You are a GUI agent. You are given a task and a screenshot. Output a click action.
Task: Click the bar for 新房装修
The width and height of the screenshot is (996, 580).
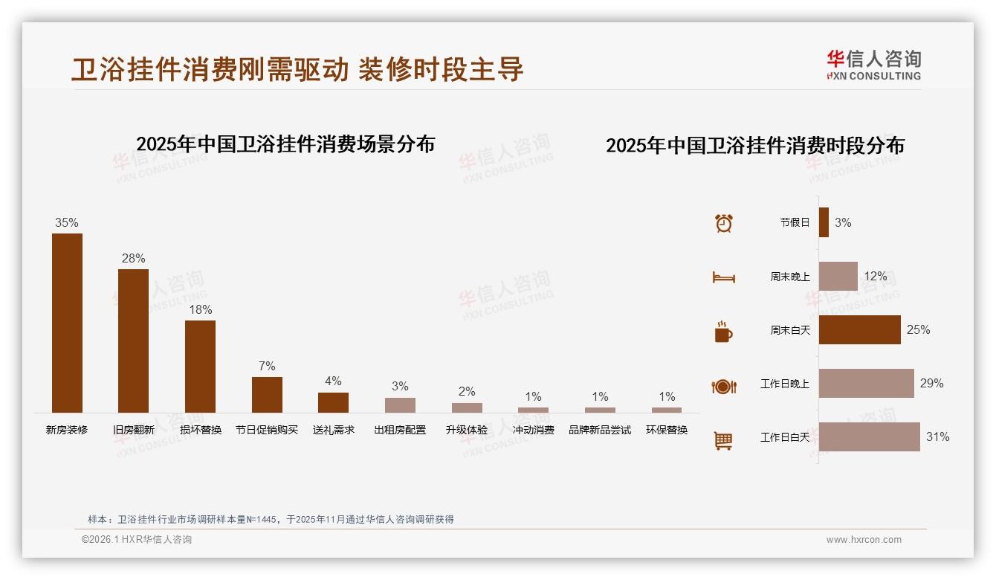click(67, 323)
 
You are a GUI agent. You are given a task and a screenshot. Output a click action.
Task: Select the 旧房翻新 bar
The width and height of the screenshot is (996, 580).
click(133, 341)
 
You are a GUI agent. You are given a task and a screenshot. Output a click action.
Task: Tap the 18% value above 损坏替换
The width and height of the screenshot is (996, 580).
click(200, 309)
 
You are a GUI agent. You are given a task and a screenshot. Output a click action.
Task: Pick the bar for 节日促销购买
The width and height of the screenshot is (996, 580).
click(267, 395)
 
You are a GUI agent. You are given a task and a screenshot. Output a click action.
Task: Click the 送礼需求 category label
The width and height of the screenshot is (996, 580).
click(333, 430)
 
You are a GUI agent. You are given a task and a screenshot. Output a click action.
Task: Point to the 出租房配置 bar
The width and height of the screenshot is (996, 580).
click(400, 405)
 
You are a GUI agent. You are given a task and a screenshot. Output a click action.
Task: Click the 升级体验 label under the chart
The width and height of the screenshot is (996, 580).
click(467, 430)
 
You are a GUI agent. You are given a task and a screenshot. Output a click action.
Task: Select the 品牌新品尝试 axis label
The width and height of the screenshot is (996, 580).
click(600, 430)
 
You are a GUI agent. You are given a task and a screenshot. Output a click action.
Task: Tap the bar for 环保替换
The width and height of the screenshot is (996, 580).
click(667, 410)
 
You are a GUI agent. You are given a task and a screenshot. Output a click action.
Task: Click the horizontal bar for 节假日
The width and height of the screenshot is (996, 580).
click(824, 222)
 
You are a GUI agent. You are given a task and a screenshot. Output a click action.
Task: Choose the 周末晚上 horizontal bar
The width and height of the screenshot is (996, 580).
click(838, 276)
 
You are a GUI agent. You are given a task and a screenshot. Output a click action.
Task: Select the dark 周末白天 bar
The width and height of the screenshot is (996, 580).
click(859, 329)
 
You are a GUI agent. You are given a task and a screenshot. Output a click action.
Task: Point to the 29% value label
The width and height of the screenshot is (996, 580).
click(931, 383)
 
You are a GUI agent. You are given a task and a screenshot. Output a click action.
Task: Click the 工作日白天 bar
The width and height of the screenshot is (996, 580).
click(869, 436)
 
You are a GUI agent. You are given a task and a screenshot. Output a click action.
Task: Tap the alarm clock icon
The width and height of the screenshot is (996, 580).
click(724, 222)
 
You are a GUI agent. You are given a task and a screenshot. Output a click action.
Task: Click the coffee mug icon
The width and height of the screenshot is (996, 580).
click(723, 332)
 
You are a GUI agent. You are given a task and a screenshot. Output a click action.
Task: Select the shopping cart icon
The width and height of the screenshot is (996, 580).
click(723, 440)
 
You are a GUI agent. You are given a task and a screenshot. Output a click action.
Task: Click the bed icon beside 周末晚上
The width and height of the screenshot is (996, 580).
click(723, 277)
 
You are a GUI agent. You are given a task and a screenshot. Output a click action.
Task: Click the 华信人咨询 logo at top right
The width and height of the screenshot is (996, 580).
click(873, 65)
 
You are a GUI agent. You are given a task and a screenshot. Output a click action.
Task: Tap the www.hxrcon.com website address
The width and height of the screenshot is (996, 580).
click(864, 540)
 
